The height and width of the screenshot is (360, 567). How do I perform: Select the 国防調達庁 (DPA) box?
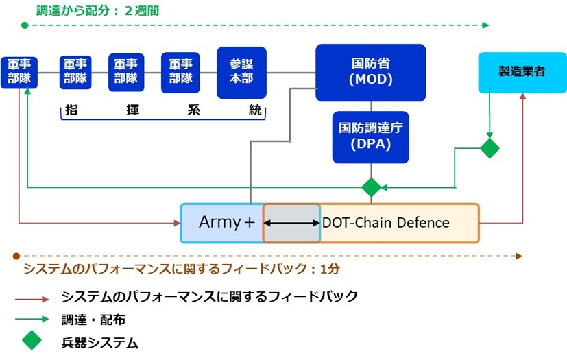tap(370, 137)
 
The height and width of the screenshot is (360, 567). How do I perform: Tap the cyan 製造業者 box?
tap(522, 71)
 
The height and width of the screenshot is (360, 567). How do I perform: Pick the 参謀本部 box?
tap(241, 72)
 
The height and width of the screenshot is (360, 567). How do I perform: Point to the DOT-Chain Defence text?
tap(385, 223)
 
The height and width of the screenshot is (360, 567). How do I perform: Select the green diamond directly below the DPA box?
tap(371, 187)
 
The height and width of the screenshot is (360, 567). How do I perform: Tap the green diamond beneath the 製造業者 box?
tap(490, 147)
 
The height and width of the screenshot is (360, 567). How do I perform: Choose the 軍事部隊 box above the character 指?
tap(75, 71)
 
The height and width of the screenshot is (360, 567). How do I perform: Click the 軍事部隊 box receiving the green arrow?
tap(19, 72)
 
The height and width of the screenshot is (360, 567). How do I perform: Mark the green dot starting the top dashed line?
tap(25, 25)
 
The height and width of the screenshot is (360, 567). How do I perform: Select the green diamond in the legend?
tap(32, 339)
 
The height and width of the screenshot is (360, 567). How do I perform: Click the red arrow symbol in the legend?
tap(32, 299)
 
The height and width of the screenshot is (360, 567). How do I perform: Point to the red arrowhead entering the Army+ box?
tap(176, 222)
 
